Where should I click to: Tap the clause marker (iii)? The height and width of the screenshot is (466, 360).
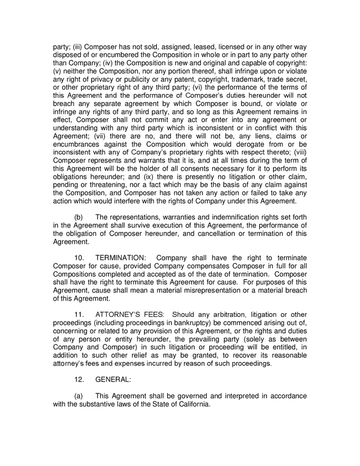coord(78,47)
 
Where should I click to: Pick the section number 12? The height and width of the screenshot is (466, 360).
coord(80,379)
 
